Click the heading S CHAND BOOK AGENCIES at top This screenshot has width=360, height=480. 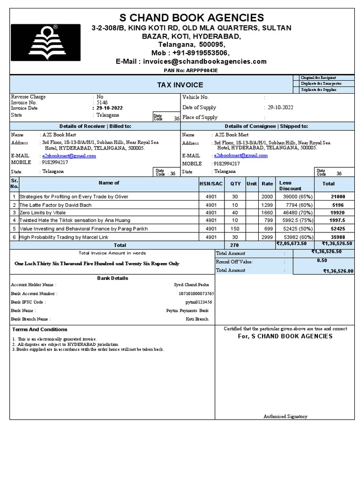tap(192, 18)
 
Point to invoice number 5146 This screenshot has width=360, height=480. tap(102, 102)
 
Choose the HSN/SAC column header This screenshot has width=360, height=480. tap(211, 184)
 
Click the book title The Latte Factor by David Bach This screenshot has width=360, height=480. tap(55, 205)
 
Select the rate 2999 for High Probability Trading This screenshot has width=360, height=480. tap(267, 237)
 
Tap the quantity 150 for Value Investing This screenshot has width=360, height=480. tap(235, 229)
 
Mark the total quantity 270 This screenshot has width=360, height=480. tap(234, 245)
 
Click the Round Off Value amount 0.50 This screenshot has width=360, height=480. tap(322, 261)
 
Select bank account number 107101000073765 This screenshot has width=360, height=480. tap(197, 293)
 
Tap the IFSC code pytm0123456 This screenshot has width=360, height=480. tap(199, 302)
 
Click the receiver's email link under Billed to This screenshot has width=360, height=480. tap(69, 156)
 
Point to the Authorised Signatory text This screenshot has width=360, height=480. tap(285, 416)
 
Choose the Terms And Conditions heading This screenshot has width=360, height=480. tap(40, 330)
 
